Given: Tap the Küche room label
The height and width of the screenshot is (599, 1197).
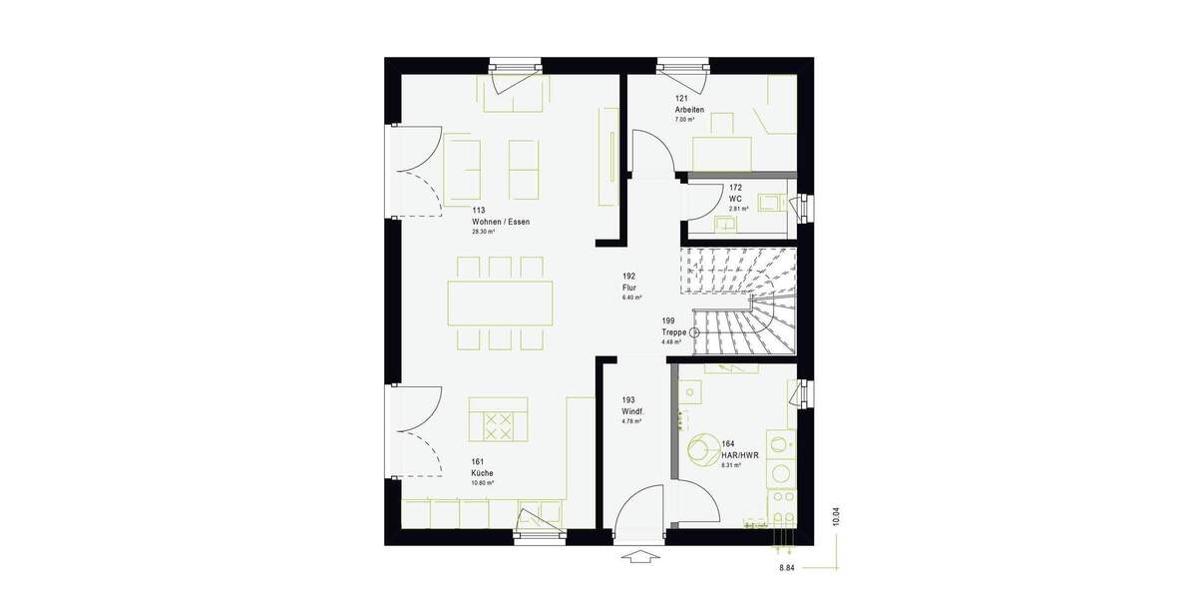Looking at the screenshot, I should point(483,472).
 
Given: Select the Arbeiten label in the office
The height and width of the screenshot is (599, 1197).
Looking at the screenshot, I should point(689,109).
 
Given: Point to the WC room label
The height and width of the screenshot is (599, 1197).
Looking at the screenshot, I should point(735,199).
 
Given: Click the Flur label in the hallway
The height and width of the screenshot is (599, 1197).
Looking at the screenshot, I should point(628,287).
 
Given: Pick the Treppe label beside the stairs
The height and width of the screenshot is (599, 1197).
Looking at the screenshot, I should point(674,332).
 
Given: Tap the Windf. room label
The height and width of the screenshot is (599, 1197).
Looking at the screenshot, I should point(631,411).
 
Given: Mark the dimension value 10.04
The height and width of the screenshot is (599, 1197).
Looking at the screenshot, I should point(836,516).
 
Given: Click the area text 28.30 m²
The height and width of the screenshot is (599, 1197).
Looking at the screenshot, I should point(485,232).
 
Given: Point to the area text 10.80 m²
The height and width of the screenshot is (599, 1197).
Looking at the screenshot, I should point(483,482).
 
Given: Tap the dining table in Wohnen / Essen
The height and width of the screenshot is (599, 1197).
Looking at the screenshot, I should point(501,302).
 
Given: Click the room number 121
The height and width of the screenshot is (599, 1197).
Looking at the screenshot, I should point(682,98).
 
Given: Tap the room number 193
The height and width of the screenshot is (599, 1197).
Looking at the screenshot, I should point(628,400).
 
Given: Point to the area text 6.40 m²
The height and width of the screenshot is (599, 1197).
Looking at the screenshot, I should point(631,298).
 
